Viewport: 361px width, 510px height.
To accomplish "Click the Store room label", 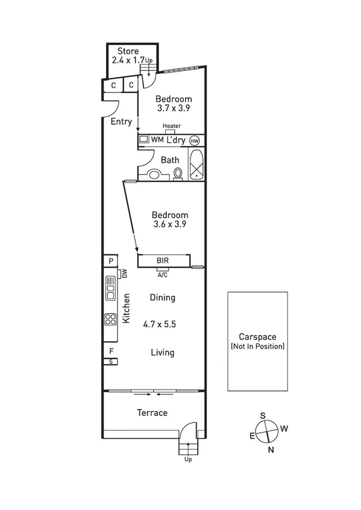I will pyautogui.click(x=128, y=51).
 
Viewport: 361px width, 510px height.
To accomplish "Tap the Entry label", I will pyautogui.click(x=121, y=121).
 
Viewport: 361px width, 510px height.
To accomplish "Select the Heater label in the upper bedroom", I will pyautogui.click(x=172, y=126).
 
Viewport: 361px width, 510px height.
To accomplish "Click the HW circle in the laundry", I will pyautogui.click(x=194, y=140).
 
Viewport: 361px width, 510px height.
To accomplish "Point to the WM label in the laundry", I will pyautogui.click(x=157, y=140).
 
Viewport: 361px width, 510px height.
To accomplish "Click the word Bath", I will pyautogui.click(x=170, y=160).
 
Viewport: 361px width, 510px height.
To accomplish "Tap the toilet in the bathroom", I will pyautogui.click(x=178, y=173).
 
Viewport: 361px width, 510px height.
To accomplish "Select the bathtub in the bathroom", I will pyautogui.click(x=197, y=164).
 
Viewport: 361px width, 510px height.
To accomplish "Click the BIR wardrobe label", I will pyautogui.click(x=162, y=261).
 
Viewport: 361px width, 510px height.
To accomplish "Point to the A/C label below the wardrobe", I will pyautogui.click(x=162, y=275).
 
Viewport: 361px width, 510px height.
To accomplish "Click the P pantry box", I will pyautogui.click(x=111, y=261).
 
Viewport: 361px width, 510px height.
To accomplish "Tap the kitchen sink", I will pyautogui.click(x=110, y=288).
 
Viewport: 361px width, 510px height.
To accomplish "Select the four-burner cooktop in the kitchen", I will pyautogui.click(x=110, y=319).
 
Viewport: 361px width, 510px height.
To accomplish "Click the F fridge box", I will pyautogui.click(x=111, y=351).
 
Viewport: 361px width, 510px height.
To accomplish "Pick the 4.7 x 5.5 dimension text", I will pyautogui.click(x=160, y=324).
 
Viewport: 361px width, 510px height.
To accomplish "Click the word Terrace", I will pyautogui.click(x=152, y=413).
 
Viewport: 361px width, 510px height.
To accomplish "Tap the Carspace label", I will pyautogui.click(x=257, y=337).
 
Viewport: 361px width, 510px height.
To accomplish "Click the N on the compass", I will pyautogui.click(x=271, y=449).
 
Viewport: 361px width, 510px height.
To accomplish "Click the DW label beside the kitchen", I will pyautogui.click(x=125, y=274).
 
